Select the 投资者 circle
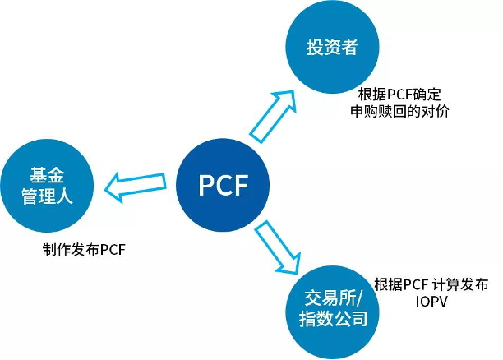332,46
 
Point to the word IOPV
431,302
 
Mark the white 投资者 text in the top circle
332,47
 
